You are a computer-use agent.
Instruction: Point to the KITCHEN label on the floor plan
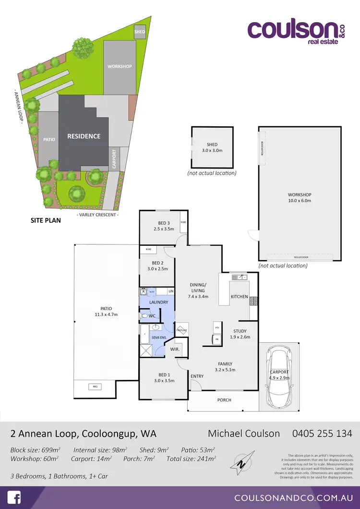point(239,297)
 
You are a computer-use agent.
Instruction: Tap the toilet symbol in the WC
point(145,316)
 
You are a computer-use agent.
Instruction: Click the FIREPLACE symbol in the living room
point(181,330)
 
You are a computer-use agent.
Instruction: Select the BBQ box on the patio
point(94,386)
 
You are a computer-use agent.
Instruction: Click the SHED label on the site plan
point(140,32)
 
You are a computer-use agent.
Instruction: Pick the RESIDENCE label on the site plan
point(84,136)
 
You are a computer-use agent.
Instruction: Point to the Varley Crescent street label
point(97,215)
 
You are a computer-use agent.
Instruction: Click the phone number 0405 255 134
point(322,434)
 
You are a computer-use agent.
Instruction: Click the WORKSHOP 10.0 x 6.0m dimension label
point(300,197)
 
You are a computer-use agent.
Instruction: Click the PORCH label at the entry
point(224,400)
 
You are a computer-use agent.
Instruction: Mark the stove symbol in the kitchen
point(253,301)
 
